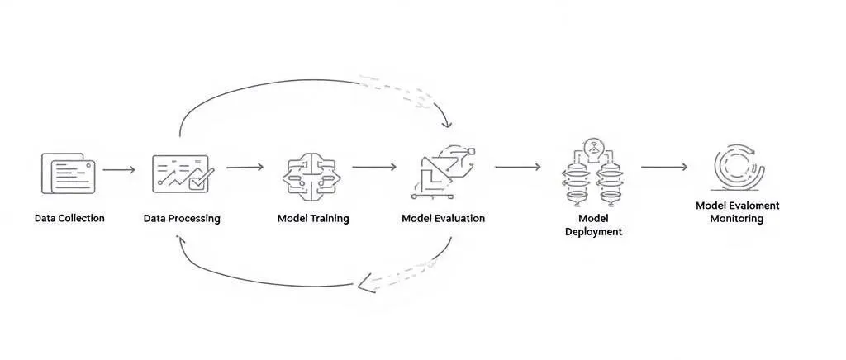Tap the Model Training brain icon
pyautogui.click(x=312, y=173)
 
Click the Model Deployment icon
pyautogui.click(x=593, y=173)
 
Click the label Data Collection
pyautogui.click(x=69, y=219)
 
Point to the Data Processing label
pyautogui.click(x=182, y=219)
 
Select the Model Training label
pyautogui.click(x=313, y=219)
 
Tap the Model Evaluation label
pyautogui.click(x=443, y=219)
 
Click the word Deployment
pyautogui.click(x=593, y=232)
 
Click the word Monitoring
pyautogui.click(x=737, y=219)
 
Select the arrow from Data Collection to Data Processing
pyautogui.click(x=119, y=169)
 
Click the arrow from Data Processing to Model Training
pyautogui.click(x=245, y=167)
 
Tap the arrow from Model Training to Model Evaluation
pyautogui.click(x=374, y=167)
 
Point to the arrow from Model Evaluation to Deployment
pyautogui.click(x=518, y=167)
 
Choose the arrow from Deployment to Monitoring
pyautogui.click(x=664, y=167)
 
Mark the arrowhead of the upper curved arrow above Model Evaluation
pyautogui.click(x=447, y=124)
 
